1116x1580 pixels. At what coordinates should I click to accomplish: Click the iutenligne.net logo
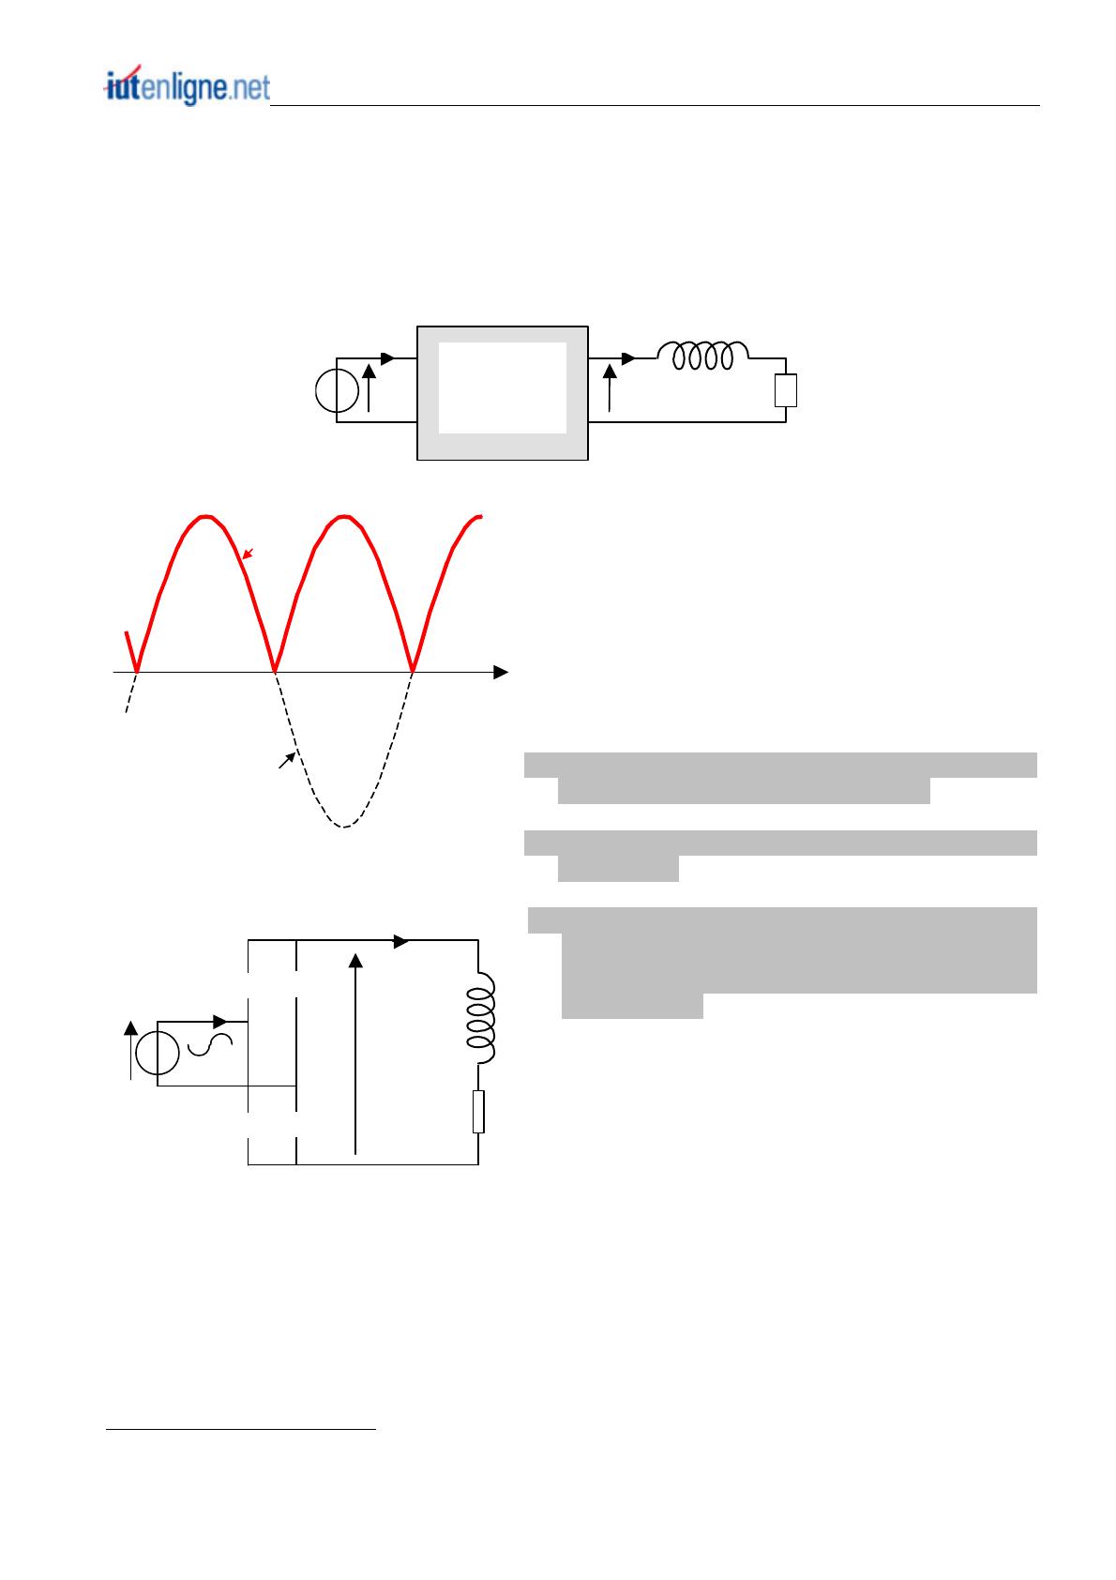pos(188,86)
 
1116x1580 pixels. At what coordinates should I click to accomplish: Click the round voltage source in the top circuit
pos(337,390)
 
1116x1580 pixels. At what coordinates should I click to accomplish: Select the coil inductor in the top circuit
pos(702,355)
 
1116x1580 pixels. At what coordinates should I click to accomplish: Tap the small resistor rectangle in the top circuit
pos(785,390)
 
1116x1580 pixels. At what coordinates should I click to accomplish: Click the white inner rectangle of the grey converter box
pos(502,387)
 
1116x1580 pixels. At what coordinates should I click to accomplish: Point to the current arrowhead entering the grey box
pos(387,358)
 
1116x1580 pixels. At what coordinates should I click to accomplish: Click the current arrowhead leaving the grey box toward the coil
pos(629,358)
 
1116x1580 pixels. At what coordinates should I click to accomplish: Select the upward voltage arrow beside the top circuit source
pos(369,387)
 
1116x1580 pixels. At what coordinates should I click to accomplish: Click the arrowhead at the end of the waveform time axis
pos(501,672)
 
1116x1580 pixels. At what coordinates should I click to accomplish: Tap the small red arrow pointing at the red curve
pos(248,554)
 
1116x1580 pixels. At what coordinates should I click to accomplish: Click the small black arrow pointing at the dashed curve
pos(287,760)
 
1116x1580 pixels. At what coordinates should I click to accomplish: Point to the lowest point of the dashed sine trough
pos(343,827)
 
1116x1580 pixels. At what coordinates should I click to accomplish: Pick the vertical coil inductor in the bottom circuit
pos(481,1018)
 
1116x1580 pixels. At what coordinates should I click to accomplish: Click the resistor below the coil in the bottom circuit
pos(478,1112)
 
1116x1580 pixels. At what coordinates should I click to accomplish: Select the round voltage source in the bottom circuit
pos(158,1053)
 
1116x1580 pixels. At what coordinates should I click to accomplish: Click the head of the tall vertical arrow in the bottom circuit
pos(355,961)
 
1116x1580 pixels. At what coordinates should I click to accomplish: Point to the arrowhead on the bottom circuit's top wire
pos(400,941)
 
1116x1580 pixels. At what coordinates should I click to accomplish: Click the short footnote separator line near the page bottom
pos(240,1430)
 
